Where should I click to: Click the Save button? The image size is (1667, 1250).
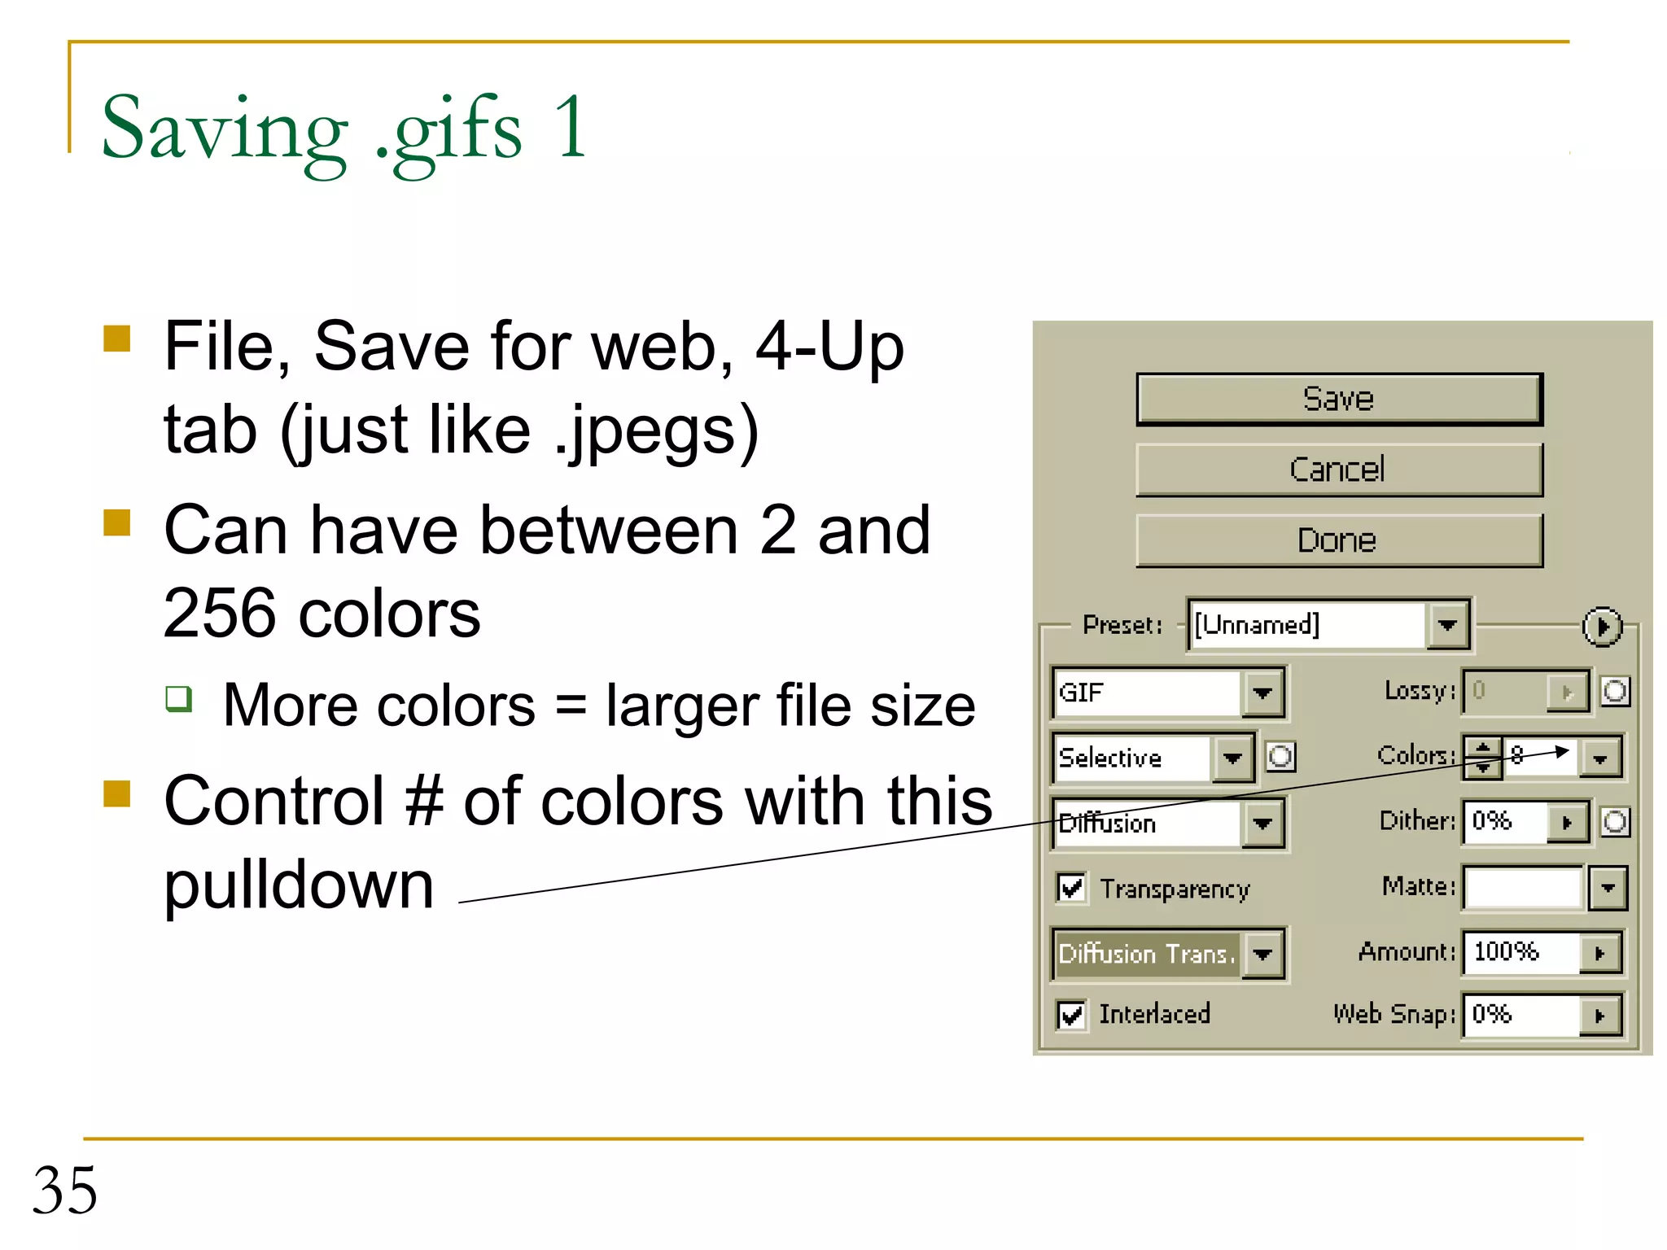1338,399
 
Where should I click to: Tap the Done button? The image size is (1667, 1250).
1338,540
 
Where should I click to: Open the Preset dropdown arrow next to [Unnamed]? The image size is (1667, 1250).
1446,625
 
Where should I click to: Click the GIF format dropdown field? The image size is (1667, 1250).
1148,693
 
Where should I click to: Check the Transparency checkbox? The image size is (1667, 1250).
1071,888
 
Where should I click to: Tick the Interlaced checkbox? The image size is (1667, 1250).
1071,1015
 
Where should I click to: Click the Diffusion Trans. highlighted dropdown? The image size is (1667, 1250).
1148,953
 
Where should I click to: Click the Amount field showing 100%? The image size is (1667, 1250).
1520,951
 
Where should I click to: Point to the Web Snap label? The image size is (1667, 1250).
1393,1015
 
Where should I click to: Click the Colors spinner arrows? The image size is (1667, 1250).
1482,757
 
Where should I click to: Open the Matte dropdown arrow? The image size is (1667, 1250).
1608,888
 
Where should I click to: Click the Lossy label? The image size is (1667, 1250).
1419,691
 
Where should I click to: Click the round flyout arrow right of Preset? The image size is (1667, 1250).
1601,627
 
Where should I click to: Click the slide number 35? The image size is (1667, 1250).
65,1190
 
